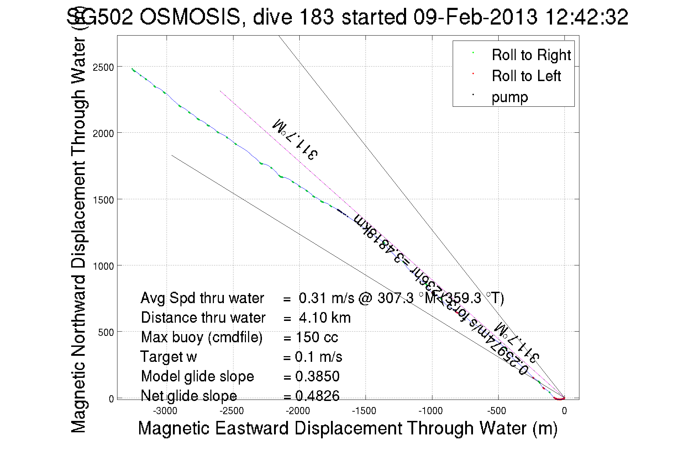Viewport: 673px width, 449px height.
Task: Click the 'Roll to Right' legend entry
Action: pos(531,55)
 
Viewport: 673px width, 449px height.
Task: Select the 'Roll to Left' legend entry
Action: pos(526,76)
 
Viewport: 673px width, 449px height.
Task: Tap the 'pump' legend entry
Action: pos(510,97)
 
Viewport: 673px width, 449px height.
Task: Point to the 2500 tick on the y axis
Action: pos(103,67)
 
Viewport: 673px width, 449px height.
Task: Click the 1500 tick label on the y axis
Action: pos(103,200)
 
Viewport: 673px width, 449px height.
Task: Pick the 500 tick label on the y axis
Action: pos(106,333)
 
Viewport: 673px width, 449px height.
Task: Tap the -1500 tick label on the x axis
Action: pos(364,411)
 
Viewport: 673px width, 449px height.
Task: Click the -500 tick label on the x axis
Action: pos(497,411)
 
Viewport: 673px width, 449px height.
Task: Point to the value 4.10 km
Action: pos(325,318)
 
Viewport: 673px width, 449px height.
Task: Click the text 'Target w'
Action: pos(168,357)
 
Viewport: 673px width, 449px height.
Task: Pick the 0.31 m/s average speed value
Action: pos(326,298)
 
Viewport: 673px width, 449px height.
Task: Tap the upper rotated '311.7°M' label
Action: pos(295,139)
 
